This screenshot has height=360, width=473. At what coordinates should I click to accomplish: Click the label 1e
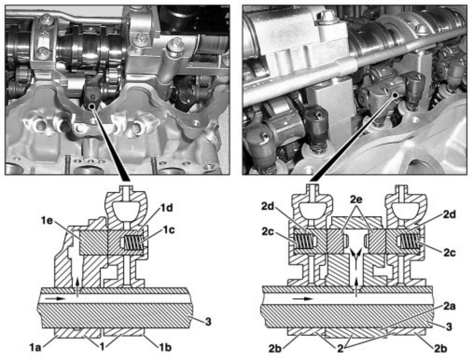47,220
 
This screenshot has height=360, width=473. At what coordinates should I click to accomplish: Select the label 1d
166,208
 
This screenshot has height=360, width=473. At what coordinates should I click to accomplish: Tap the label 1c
169,230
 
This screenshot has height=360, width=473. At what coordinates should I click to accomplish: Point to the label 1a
35,347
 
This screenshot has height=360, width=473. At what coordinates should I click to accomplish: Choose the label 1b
165,347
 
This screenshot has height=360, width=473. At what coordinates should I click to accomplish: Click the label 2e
356,200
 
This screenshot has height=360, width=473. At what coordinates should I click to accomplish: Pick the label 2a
449,306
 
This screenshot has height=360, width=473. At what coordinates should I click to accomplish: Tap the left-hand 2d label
268,206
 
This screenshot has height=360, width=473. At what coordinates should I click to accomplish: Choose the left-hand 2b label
275,349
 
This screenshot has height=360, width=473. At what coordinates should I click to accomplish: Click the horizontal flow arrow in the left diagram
56,298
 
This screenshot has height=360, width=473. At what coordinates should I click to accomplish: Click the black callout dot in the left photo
91,106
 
